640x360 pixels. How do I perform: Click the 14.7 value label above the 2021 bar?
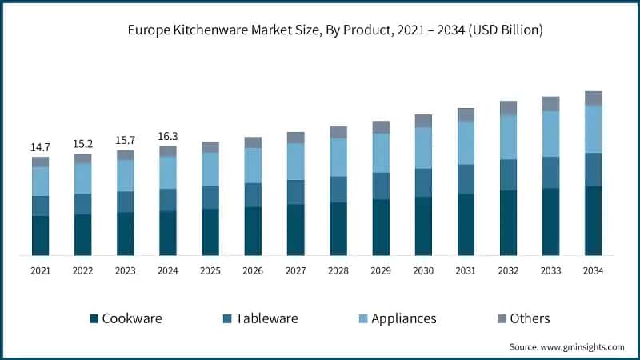tap(40, 148)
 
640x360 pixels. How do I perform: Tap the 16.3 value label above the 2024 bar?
tap(167, 137)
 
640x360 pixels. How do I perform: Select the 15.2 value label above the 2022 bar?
tap(82, 144)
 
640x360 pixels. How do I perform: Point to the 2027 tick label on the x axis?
tap(295, 271)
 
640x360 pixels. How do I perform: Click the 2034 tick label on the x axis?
tap(593, 271)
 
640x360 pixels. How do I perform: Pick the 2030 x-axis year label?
tap(423, 271)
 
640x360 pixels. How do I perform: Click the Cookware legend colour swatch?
tap(94, 318)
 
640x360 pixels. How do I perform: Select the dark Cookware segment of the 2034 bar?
tap(593, 221)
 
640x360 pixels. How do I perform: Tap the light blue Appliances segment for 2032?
tap(508, 138)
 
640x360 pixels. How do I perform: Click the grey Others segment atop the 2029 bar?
tap(381, 127)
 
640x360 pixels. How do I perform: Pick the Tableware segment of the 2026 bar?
tap(253, 195)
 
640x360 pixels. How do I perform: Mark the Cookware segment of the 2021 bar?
tap(40, 236)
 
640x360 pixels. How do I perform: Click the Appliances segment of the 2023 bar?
tap(125, 176)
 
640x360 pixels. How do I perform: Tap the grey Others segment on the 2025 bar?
tap(210, 147)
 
